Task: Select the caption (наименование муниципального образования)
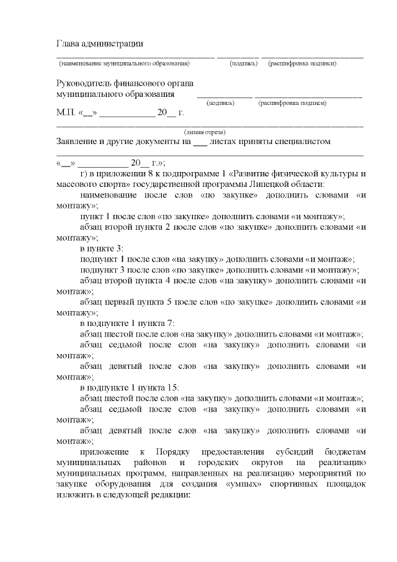[x=123, y=64]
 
